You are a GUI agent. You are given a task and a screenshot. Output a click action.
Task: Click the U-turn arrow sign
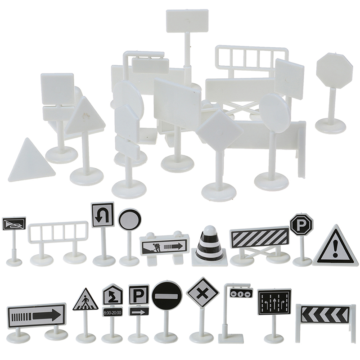tap(103, 215)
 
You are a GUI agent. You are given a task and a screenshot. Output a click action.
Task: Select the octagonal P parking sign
tap(301, 222)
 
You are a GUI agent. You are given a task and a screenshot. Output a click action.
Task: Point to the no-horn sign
tap(14, 224)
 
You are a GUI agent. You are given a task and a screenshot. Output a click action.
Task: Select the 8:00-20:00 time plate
tap(112, 312)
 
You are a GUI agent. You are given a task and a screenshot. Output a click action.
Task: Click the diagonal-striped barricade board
tap(260, 238)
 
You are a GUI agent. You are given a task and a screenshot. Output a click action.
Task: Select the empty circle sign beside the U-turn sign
tap(130, 219)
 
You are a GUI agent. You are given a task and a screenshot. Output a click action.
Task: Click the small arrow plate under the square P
tap(139, 312)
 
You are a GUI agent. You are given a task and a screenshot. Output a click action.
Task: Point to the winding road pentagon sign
tap(112, 295)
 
